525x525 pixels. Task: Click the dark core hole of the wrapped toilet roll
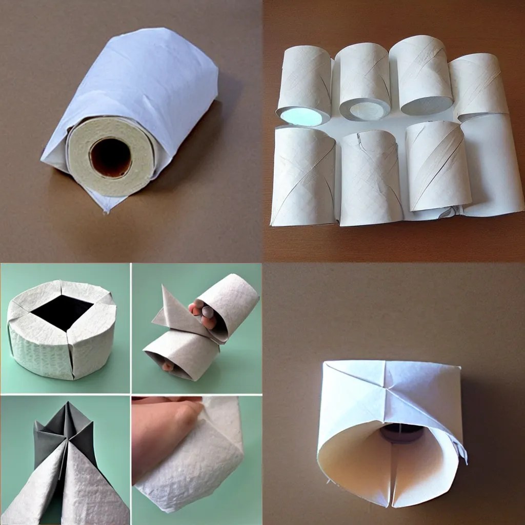pyautogui.click(x=111, y=157)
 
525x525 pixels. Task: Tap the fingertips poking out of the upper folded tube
pyautogui.click(x=201, y=312)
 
